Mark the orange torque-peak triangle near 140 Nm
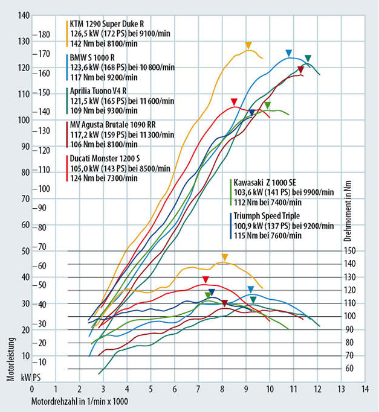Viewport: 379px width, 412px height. click(x=224, y=258)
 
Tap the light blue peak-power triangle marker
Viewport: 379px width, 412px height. click(x=289, y=53)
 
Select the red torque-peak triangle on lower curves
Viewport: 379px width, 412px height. click(x=206, y=279)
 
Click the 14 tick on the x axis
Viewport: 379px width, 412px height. click(x=363, y=389)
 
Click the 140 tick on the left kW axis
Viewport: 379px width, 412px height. click(x=24, y=14)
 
